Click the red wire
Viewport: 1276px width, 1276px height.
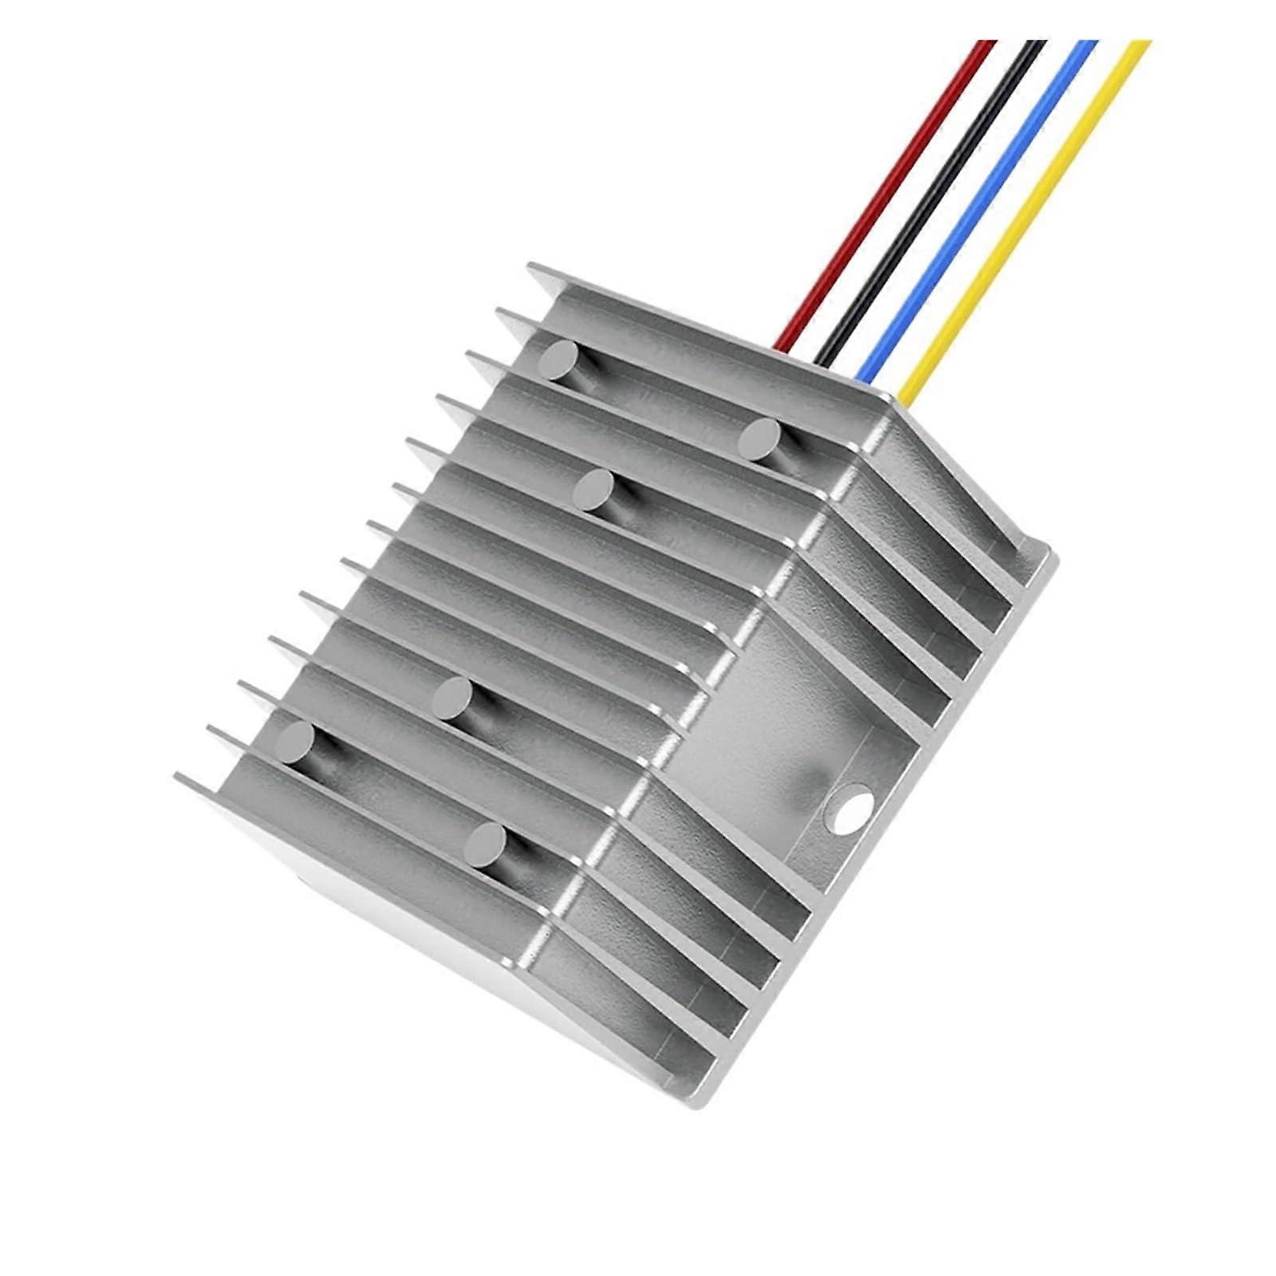click(885, 191)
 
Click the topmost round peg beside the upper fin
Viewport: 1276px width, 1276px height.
click(558, 360)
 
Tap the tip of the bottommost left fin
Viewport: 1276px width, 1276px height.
click(180, 776)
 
